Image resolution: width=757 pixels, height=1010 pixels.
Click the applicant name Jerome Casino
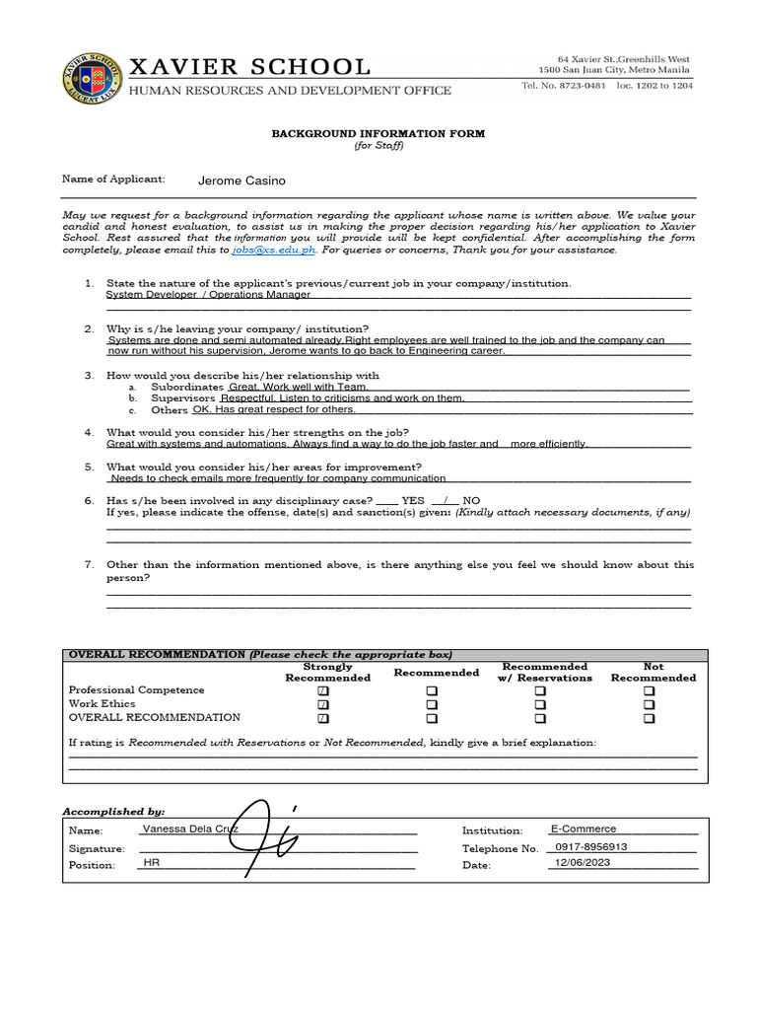(x=241, y=181)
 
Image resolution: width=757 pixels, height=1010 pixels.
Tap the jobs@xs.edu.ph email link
(x=274, y=251)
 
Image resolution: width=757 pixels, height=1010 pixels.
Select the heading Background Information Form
(x=378, y=133)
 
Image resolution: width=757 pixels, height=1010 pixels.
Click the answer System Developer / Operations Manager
(x=208, y=295)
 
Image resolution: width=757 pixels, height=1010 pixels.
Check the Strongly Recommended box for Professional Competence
(x=323, y=691)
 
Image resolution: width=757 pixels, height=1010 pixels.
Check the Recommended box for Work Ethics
(x=432, y=705)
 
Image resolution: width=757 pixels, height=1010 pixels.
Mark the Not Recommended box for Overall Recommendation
(x=649, y=719)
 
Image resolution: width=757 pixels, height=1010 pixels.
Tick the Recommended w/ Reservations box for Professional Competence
(x=540, y=691)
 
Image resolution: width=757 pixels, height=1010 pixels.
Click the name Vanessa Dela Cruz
(x=190, y=830)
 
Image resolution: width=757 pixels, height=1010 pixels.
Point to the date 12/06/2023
(x=584, y=863)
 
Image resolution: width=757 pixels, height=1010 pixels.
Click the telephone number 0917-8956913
(x=591, y=846)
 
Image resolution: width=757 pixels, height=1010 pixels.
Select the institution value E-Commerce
(x=583, y=830)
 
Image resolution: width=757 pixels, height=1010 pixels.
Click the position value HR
(x=151, y=863)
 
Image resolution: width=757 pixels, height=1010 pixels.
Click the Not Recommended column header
(x=653, y=672)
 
